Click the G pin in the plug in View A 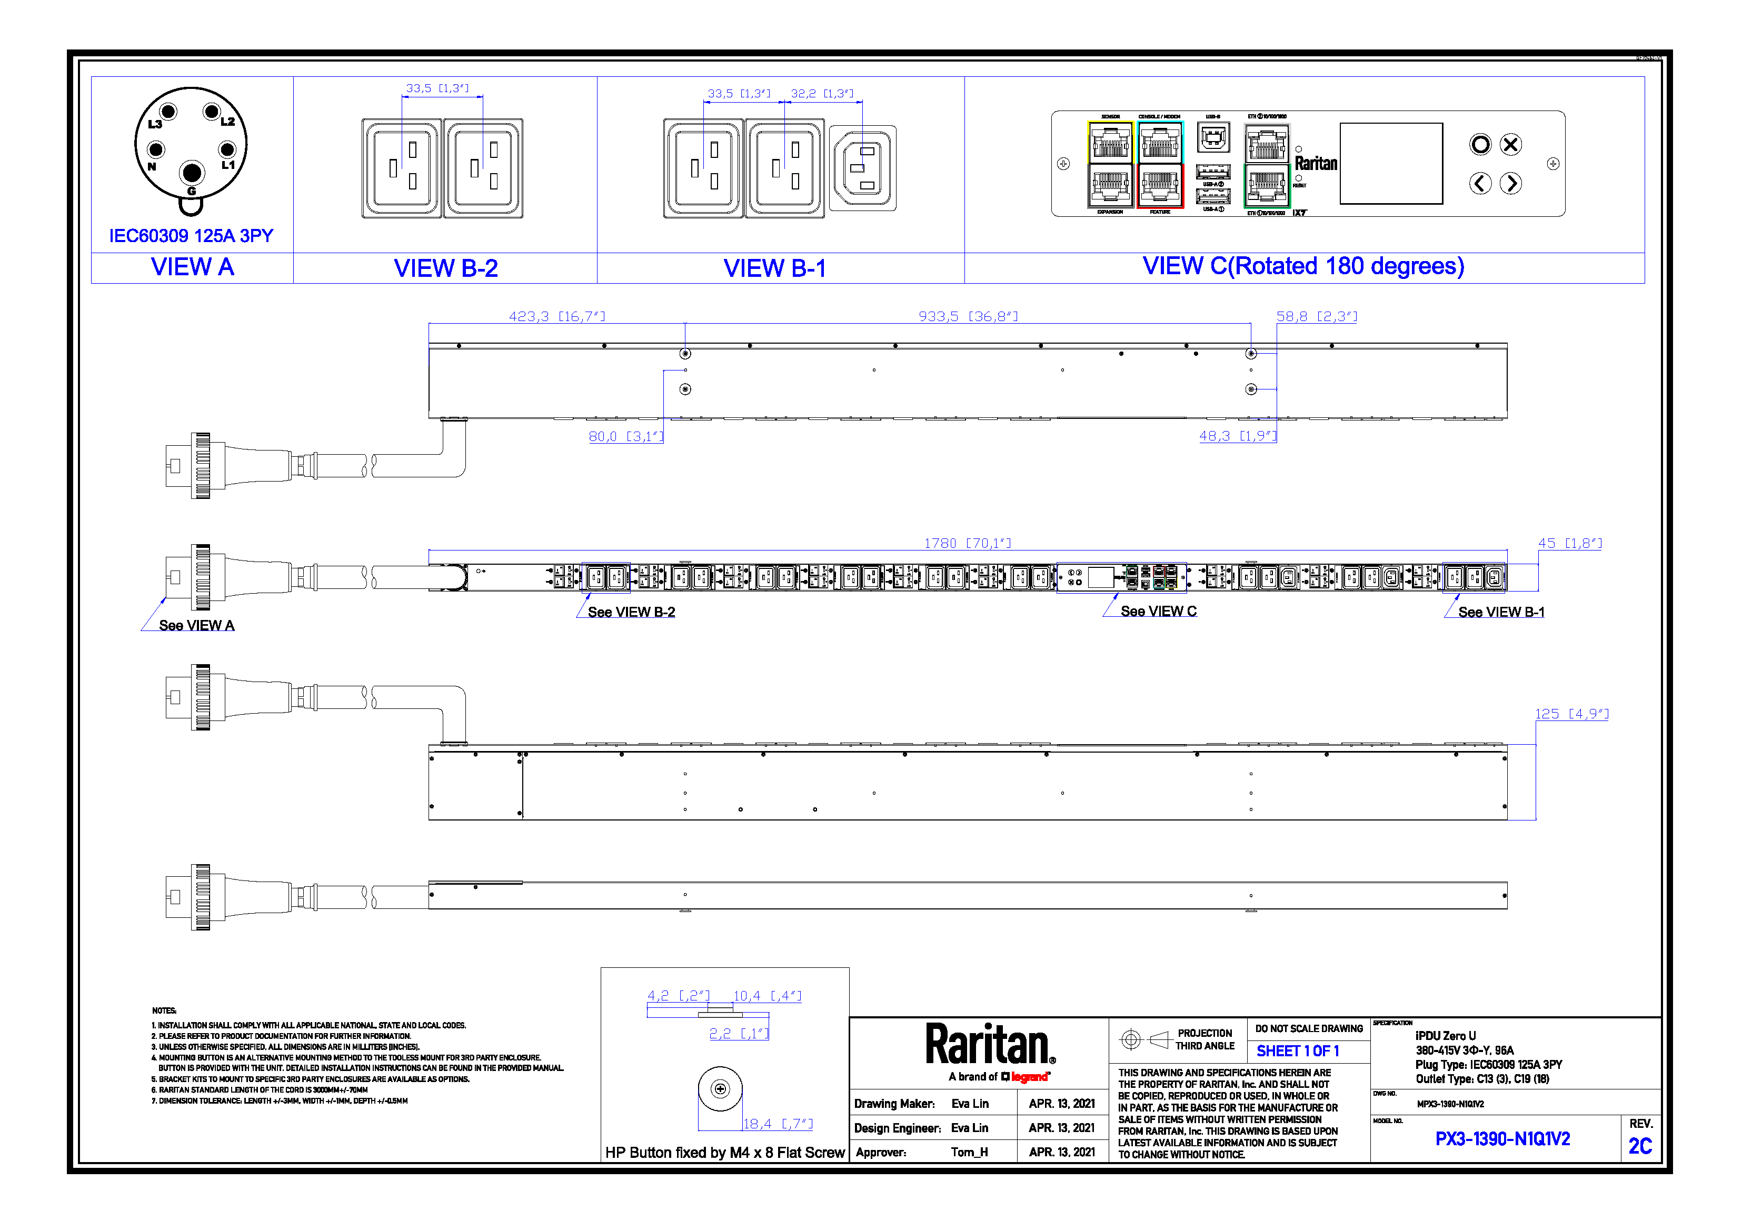[191, 173]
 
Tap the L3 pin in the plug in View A [168, 112]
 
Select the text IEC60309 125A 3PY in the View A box [191, 236]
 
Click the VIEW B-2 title [445, 268]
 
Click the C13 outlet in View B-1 [863, 168]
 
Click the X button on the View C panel [1510, 145]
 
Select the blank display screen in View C [1391, 164]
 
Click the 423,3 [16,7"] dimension [557, 316]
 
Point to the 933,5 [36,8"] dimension [968, 316]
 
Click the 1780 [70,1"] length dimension [968, 543]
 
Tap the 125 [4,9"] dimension [1571, 714]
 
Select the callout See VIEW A [196, 626]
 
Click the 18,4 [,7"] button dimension [778, 1124]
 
